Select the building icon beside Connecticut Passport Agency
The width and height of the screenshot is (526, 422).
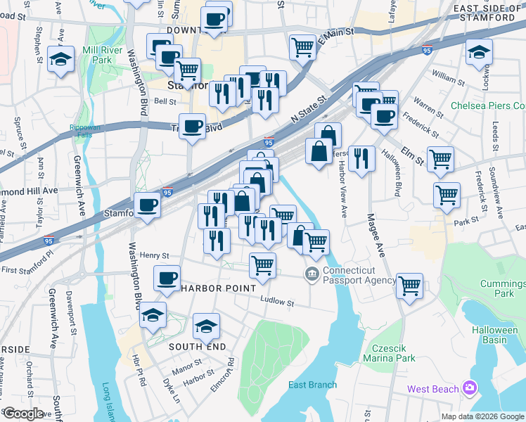(311, 273)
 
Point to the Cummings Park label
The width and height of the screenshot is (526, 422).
(504, 288)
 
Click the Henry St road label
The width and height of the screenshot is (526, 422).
(155, 256)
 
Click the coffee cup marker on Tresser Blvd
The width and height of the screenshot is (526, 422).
(192, 126)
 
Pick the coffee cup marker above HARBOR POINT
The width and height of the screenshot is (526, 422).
(167, 278)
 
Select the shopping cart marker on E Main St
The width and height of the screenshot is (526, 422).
(302, 47)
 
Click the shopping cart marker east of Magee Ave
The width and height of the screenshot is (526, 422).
(409, 286)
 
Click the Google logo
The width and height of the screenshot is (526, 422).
(23, 414)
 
